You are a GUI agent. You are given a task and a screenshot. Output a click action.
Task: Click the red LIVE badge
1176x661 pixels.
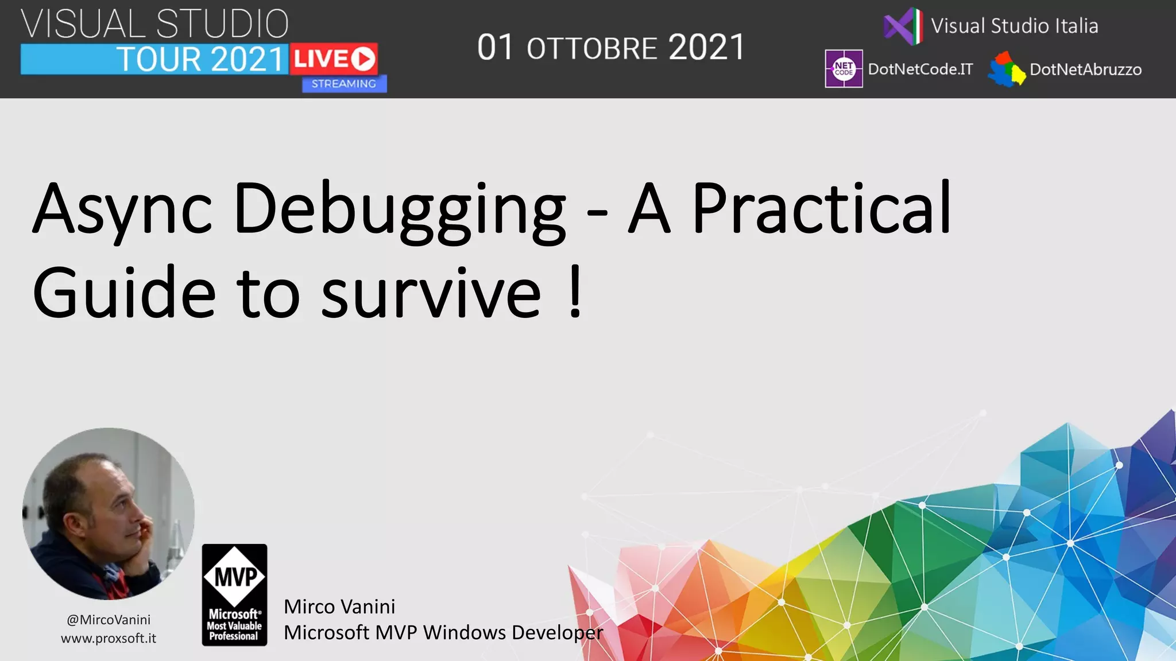point(334,59)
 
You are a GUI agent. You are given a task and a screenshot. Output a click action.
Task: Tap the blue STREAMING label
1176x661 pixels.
point(344,84)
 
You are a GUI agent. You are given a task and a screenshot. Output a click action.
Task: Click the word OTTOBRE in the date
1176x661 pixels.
point(591,49)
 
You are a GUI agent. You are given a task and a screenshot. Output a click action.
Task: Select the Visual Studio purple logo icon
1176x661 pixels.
point(903,26)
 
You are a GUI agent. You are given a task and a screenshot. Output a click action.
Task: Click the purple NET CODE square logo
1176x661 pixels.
point(844,69)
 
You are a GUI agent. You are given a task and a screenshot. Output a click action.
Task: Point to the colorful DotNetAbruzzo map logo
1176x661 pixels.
point(1006,69)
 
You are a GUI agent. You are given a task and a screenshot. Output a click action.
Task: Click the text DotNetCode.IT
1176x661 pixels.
point(920,69)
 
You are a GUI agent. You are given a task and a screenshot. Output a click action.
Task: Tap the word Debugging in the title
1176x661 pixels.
point(400,209)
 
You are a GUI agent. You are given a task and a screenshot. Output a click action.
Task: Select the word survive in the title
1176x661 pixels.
point(431,293)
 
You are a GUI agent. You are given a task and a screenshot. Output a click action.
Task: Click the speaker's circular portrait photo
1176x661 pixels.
point(109,514)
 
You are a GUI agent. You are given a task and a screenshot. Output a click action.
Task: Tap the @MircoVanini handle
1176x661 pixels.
point(109,620)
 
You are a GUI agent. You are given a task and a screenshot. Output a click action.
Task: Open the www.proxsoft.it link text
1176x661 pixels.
point(109,638)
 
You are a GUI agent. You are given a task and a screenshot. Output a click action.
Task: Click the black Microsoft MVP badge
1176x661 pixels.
point(234,595)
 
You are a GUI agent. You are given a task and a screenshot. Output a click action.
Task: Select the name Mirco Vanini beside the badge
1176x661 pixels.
point(339,606)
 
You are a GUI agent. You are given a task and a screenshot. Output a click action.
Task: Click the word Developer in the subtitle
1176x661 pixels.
point(557,632)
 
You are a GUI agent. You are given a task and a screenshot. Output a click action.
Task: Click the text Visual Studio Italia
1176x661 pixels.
point(1014,26)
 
